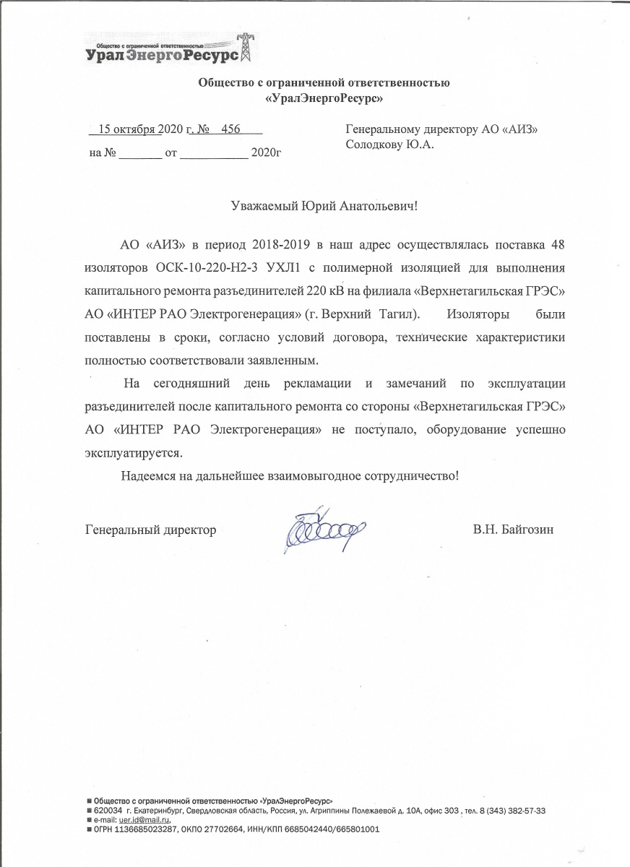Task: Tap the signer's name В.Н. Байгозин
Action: click(x=514, y=530)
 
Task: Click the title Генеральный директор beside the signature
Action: click(x=150, y=530)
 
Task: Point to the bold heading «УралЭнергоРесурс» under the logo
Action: click(x=324, y=97)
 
